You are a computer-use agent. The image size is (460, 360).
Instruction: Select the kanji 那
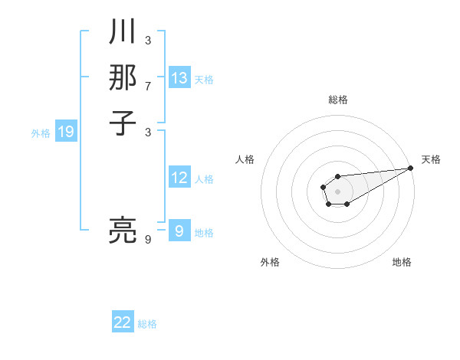[x=122, y=77]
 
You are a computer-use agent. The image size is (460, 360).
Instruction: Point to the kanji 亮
[x=122, y=231]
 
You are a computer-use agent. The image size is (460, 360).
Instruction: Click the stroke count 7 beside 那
[x=148, y=85]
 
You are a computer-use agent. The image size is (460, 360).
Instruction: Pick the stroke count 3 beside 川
[x=148, y=41]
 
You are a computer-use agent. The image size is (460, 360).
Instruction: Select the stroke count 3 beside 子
[x=148, y=131]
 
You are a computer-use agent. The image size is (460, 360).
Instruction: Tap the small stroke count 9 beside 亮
[x=148, y=240]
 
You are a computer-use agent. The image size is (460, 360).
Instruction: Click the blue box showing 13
[x=179, y=78]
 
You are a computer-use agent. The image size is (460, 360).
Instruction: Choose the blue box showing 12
[x=179, y=178]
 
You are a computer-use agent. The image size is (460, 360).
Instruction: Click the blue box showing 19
[x=66, y=132]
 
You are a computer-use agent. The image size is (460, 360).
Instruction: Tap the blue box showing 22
[x=123, y=322]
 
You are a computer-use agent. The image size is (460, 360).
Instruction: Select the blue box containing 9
[x=179, y=231]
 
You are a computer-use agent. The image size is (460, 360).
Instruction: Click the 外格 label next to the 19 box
[x=41, y=133]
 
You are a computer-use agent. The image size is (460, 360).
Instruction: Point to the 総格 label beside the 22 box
[x=147, y=324]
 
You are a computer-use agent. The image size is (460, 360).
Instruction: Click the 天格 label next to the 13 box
[x=204, y=80]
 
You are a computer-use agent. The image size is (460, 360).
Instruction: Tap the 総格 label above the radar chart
[x=338, y=100]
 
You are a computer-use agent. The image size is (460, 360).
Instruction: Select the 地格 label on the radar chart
[x=402, y=262]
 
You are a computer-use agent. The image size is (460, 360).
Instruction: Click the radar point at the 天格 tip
[x=411, y=169]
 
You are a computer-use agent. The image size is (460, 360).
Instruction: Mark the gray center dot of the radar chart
[x=338, y=191]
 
